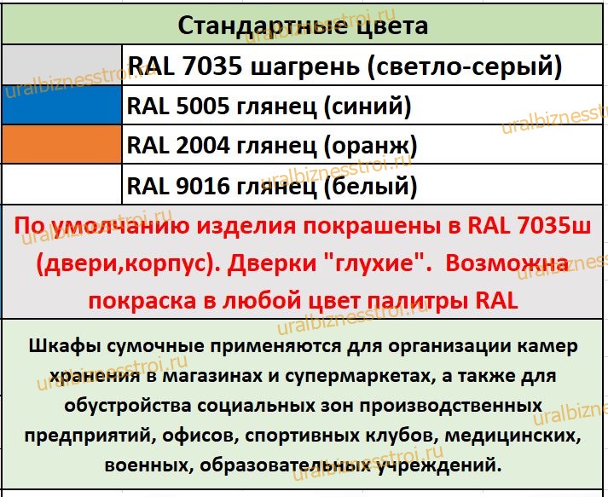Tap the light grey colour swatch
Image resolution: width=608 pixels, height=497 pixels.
point(61,65)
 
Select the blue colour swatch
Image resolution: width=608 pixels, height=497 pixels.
point(61,105)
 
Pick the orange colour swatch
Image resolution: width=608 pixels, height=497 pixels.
point(61,144)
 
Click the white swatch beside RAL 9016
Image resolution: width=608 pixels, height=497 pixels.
point(61,184)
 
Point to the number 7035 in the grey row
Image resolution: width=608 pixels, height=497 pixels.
point(212,66)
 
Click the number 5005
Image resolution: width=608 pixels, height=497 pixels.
point(203,106)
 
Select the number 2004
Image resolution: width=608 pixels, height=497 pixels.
point(203,145)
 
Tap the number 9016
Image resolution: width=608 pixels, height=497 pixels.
point(203,185)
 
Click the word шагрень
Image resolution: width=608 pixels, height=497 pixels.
point(305,67)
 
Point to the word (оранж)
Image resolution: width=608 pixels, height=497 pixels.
point(370,147)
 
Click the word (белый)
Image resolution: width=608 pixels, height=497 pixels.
point(370,187)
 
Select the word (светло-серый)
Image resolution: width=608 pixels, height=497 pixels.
point(465,67)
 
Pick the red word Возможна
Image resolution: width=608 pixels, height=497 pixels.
point(507,263)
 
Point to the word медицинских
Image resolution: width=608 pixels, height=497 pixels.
point(512,436)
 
